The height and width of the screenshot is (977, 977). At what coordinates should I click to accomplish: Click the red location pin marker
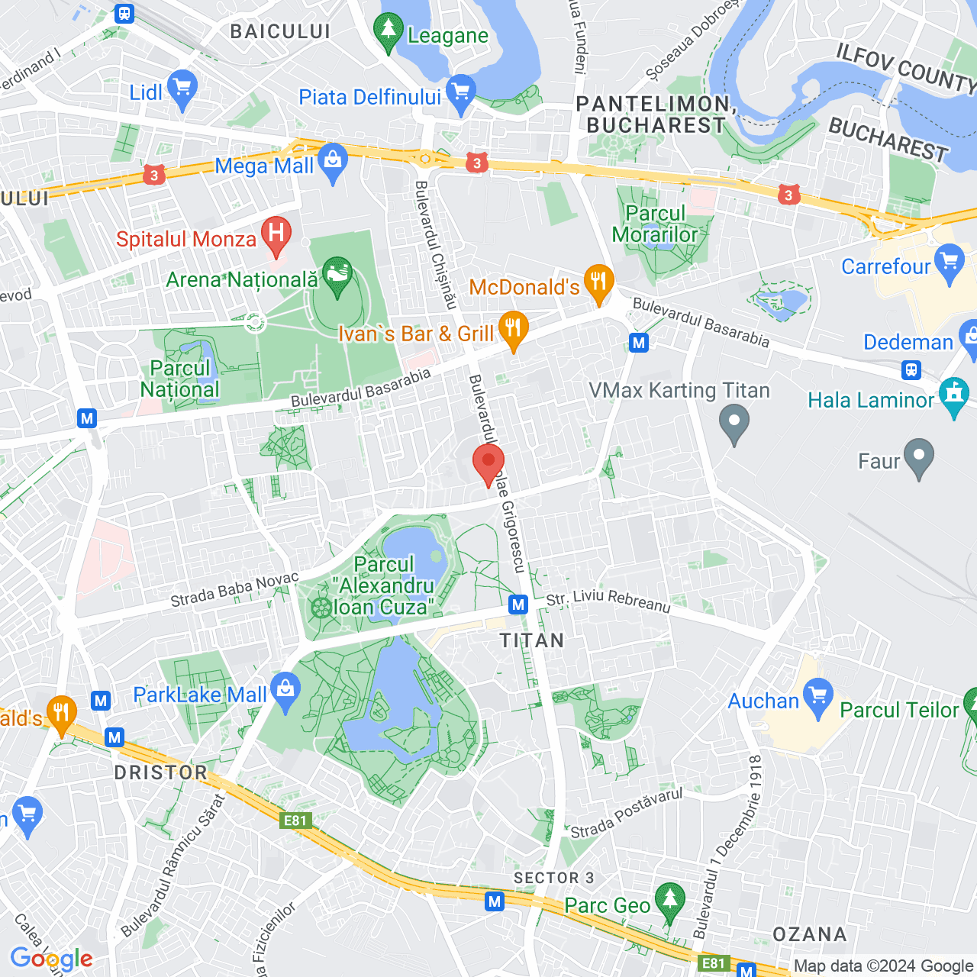click(488, 463)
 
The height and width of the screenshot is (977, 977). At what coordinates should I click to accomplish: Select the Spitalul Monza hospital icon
click(276, 235)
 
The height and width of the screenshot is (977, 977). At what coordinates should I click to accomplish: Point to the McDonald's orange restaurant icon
click(599, 283)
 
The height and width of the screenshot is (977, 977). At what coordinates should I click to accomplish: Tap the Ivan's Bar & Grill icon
click(514, 330)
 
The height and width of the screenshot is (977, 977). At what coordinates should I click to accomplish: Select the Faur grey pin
click(919, 457)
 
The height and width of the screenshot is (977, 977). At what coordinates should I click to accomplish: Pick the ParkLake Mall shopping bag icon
click(285, 691)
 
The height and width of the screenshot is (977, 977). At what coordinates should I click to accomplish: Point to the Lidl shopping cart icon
click(182, 89)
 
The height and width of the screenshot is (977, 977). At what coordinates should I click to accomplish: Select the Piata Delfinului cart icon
click(461, 93)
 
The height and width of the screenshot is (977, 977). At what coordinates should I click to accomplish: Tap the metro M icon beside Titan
click(519, 605)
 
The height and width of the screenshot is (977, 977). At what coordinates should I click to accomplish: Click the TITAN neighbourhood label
click(532, 640)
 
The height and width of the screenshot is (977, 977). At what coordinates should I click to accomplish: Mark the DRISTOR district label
click(160, 772)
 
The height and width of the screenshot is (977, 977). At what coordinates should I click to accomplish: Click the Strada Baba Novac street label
click(234, 590)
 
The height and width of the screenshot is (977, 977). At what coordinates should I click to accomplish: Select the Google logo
click(51, 959)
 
